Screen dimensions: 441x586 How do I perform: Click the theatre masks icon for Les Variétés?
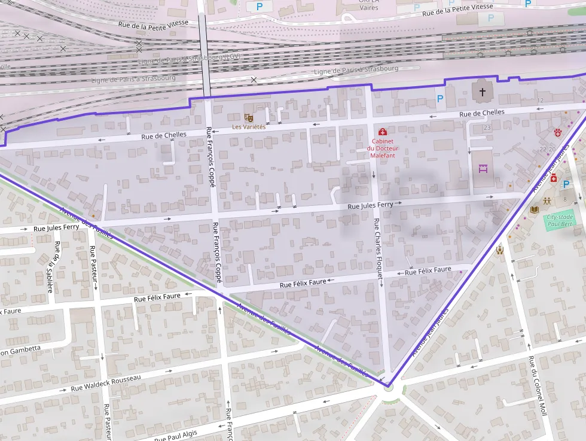[249, 118]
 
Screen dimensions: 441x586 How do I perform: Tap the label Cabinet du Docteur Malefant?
[383, 148]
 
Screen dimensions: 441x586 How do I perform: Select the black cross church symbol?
[482, 92]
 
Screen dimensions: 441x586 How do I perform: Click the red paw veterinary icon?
[558, 132]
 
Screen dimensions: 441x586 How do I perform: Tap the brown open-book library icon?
[535, 209]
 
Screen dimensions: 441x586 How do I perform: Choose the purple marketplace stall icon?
[483, 169]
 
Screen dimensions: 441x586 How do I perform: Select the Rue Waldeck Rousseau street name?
[106, 382]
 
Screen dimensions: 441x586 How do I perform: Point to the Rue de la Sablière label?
[53, 267]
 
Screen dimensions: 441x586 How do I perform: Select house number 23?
[487, 127]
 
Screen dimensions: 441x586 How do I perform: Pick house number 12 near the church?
[541, 100]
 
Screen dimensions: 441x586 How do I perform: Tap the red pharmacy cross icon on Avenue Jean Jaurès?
[554, 178]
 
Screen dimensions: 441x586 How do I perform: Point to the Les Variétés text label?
[249, 127]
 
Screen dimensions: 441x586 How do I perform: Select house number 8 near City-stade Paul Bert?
[564, 199]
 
